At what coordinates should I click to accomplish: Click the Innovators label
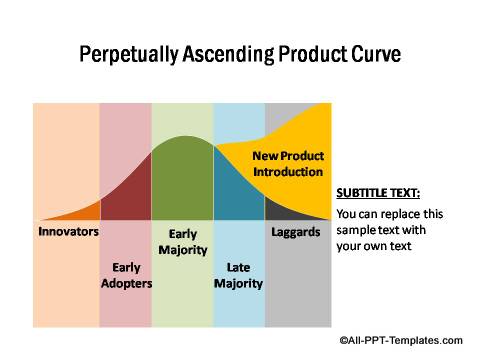click(68, 232)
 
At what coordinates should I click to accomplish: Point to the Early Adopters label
click(126, 275)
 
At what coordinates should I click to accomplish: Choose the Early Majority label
click(182, 241)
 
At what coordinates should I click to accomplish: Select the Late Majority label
click(238, 275)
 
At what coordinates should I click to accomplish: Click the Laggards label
click(296, 232)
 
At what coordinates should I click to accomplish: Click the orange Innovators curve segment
click(88, 212)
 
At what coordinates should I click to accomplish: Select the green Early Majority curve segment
click(182, 180)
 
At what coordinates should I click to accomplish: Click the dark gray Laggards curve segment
click(285, 211)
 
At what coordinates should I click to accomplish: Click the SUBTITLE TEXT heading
click(378, 193)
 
